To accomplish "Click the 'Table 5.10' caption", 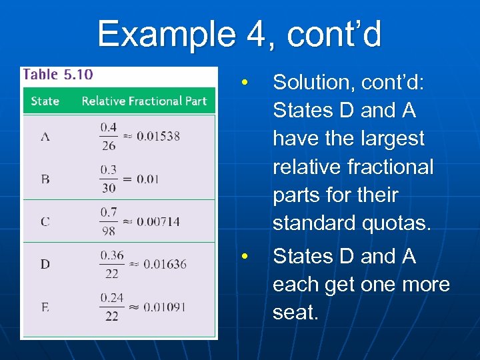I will pyautogui.click(x=58, y=74).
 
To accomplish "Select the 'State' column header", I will pyautogui.click(x=45, y=101).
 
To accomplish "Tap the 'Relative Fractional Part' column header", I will pyautogui.click(x=144, y=101).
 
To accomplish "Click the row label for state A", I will pyautogui.click(x=45, y=137).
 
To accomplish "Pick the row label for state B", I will pyautogui.click(x=45, y=179).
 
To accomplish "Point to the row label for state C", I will pyautogui.click(x=45, y=221).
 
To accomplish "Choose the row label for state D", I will pyautogui.click(x=45, y=264).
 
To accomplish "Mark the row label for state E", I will pyautogui.click(x=45, y=307).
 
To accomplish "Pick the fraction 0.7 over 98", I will pyautogui.click(x=109, y=221).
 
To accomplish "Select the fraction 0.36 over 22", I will pyautogui.click(x=111, y=264).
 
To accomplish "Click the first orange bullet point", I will pyautogui.click(x=245, y=83).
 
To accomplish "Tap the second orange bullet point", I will pyautogui.click(x=245, y=257).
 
